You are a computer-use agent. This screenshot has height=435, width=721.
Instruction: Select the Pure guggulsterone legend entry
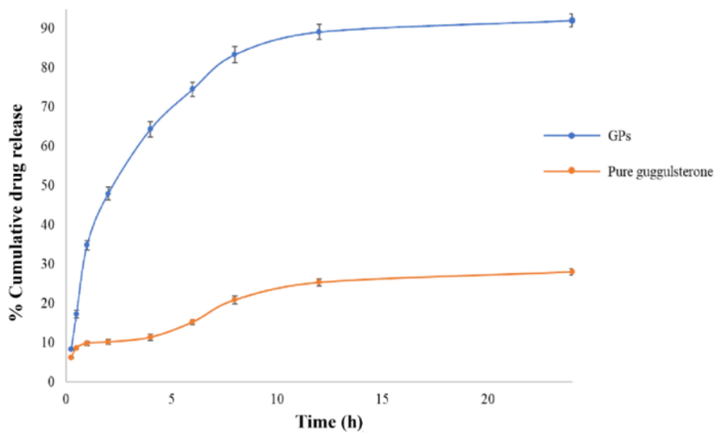click(x=660, y=170)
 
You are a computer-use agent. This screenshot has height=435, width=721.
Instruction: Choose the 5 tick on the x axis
click(x=171, y=399)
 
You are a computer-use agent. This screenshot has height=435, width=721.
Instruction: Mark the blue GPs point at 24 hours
click(x=571, y=20)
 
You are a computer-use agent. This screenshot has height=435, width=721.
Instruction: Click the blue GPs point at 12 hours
click(x=318, y=31)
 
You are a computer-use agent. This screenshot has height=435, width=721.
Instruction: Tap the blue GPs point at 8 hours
click(x=234, y=55)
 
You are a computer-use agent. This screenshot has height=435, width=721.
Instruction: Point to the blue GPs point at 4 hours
click(x=150, y=130)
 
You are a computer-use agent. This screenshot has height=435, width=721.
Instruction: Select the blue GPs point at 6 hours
click(x=192, y=90)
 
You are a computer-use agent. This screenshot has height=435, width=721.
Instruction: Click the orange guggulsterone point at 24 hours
click(x=571, y=271)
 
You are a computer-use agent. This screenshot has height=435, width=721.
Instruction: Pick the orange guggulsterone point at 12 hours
click(x=318, y=281)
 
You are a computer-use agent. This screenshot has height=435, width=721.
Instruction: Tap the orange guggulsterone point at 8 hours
click(x=234, y=299)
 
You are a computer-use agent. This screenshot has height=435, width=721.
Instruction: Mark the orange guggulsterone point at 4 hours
click(x=150, y=337)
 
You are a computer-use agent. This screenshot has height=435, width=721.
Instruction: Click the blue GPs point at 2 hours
click(x=107, y=193)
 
